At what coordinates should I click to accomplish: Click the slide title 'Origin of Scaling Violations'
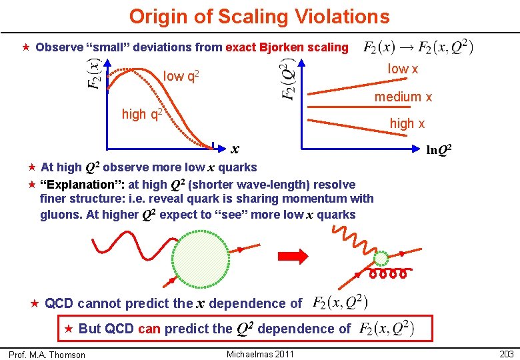[259, 16]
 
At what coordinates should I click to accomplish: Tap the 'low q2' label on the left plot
[181, 77]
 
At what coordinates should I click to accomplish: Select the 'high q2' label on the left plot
[143, 114]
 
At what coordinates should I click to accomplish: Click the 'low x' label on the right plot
[403, 69]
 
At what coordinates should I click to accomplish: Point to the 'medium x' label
[403, 97]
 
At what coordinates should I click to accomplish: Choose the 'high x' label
[407, 124]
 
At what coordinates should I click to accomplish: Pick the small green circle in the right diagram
[381, 258]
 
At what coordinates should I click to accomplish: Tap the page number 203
[507, 354]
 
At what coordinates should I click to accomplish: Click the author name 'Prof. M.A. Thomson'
[47, 355]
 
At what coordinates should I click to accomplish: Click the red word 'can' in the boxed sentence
[149, 329]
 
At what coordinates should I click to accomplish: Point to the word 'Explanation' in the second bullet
[77, 185]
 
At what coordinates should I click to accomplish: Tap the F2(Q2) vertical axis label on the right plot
[287, 81]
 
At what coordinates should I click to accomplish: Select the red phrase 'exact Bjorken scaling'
[287, 47]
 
